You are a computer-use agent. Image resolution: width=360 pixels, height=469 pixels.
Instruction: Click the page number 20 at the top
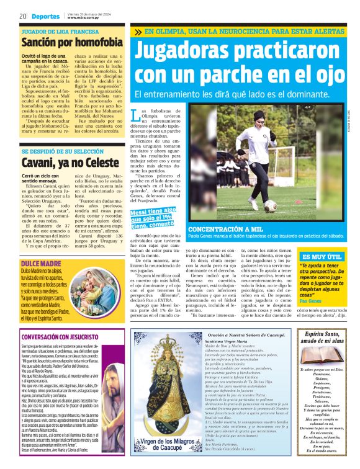tap(22, 16)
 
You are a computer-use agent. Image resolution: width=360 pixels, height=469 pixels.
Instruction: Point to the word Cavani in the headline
tap(42, 163)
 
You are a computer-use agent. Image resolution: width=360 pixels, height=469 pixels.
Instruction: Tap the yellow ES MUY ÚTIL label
tap(320, 256)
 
